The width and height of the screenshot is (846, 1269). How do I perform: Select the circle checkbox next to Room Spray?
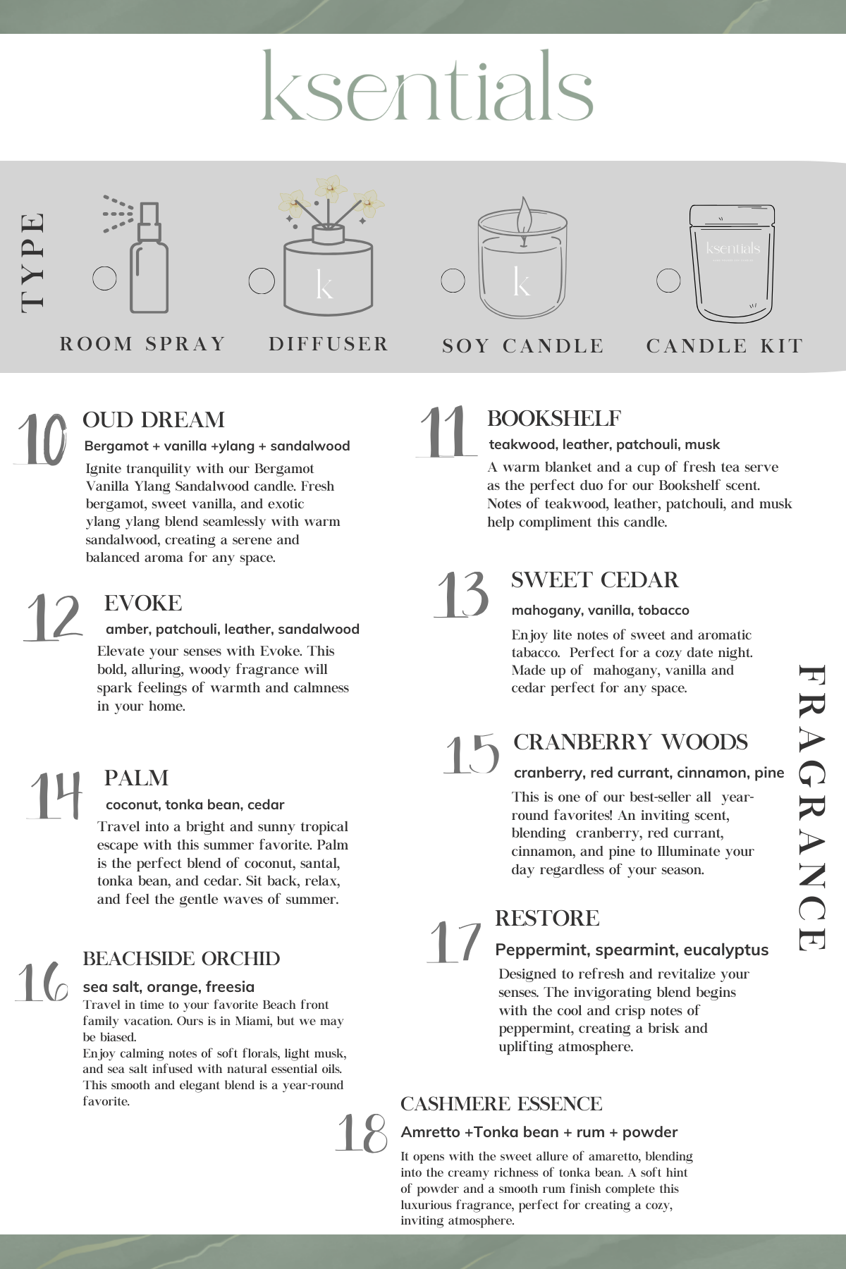pos(105,278)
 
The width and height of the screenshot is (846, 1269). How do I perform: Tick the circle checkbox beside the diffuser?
pos(262,281)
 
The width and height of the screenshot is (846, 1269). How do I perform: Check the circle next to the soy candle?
pos(453,280)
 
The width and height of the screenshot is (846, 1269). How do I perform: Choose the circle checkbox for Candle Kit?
pos(668,280)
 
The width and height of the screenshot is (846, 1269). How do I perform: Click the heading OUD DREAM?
pos(154,420)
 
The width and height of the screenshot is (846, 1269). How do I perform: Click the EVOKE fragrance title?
pos(143,603)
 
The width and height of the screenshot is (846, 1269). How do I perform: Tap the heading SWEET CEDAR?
pos(594,580)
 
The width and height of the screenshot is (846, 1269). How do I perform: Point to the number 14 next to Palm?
pos(55,795)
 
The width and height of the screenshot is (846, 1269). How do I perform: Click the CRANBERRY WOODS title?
pos(630,742)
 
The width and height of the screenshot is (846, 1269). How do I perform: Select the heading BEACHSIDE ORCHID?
pos(181,959)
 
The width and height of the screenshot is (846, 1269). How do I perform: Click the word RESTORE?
pos(547,919)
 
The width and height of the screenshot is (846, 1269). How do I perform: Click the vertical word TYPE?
pos(33,262)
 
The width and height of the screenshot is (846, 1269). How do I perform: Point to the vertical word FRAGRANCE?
pos(811,808)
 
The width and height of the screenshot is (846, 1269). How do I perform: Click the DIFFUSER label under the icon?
pos(329,344)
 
